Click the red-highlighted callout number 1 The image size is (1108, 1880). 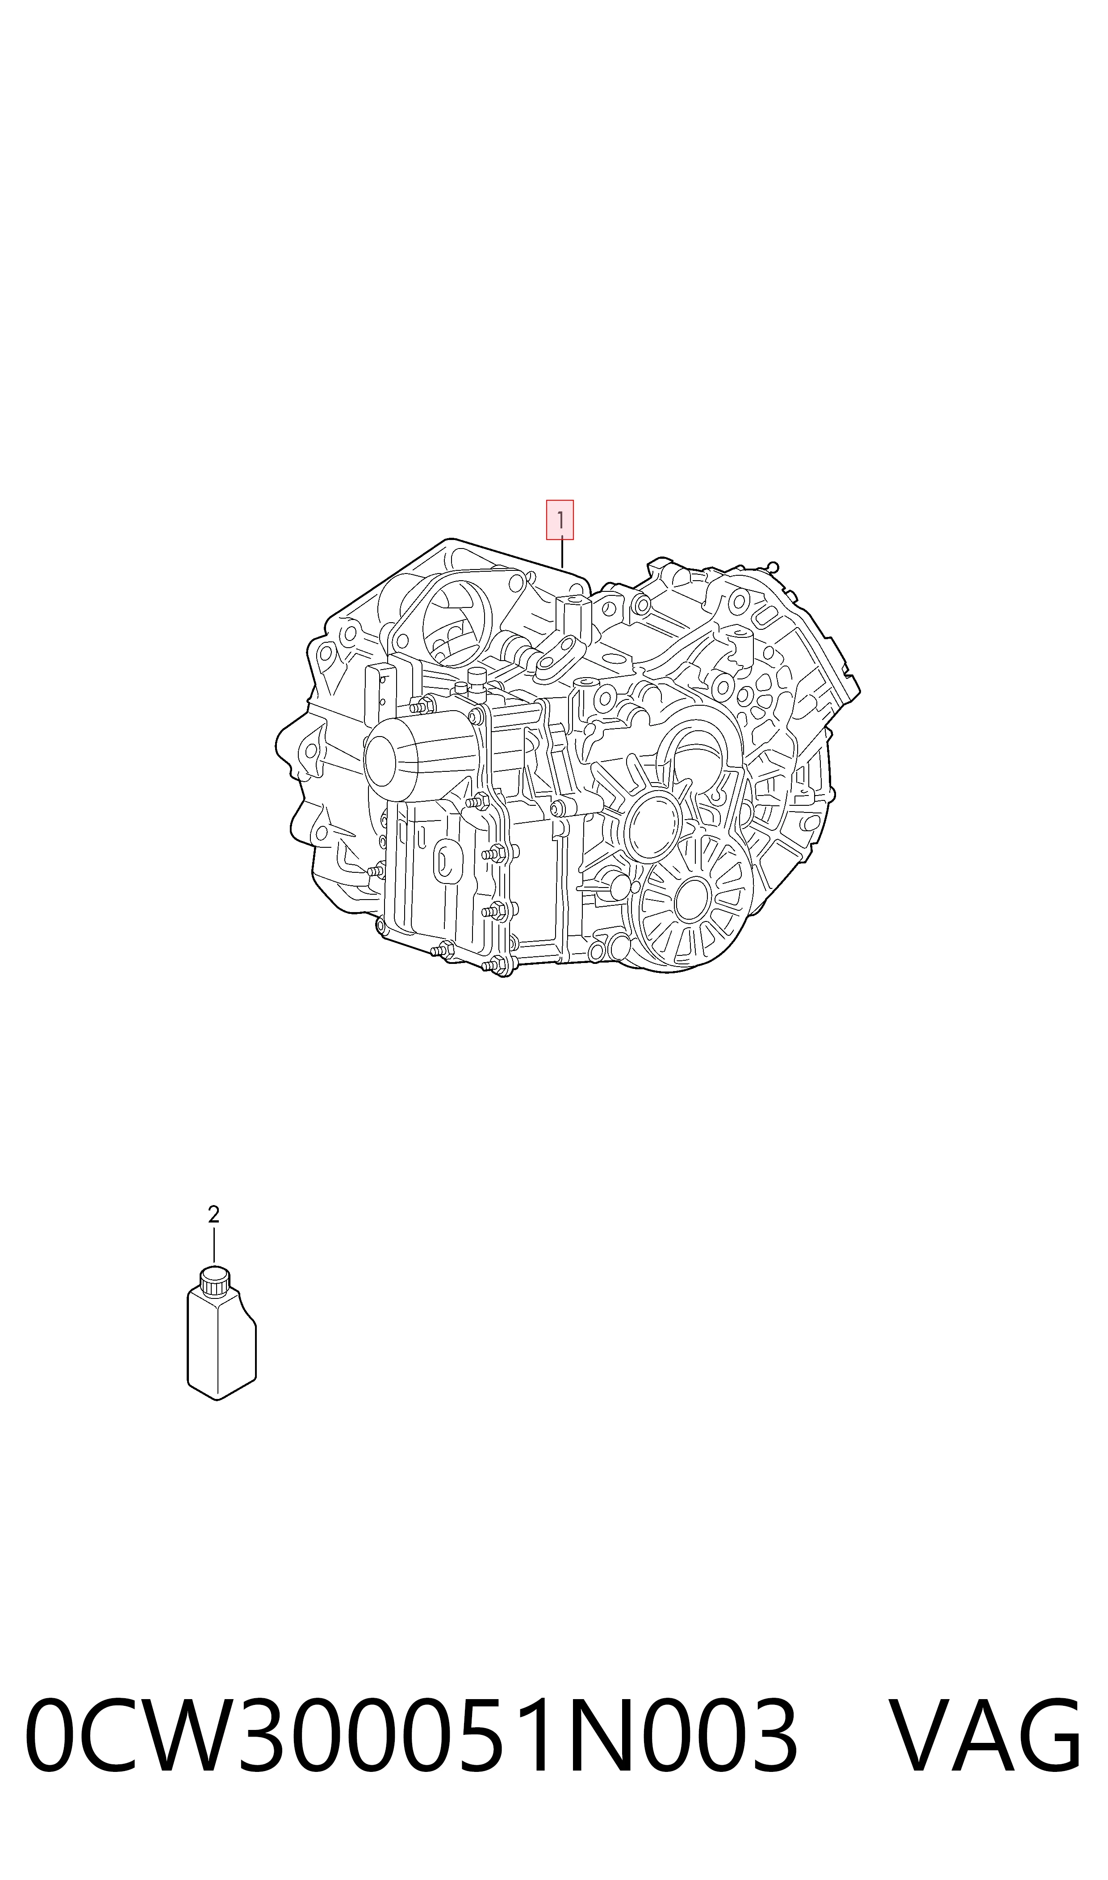[x=560, y=519]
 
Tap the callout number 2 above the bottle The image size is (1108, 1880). [x=213, y=1215]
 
